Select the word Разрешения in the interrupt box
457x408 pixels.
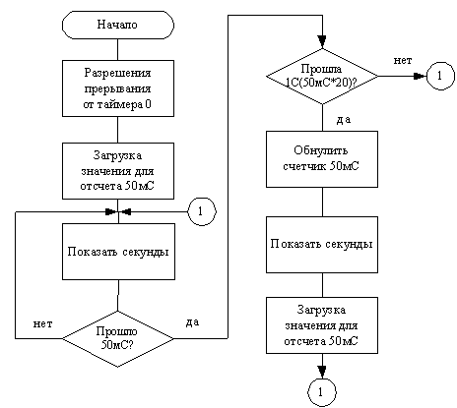(x=118, y=73)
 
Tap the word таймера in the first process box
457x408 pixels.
(x=118, y=104)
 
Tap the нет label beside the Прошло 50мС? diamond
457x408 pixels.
(x=42, y=324)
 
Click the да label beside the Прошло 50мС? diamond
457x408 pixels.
(x=192, y=322)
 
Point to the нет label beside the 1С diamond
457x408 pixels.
(x=403, y=60)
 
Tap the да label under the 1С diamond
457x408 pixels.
(x=344, y=120)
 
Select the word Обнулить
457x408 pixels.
(x=321, y=150)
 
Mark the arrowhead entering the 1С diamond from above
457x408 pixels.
(x=322, y=42)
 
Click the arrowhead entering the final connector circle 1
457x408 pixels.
(x=322, y=372)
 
